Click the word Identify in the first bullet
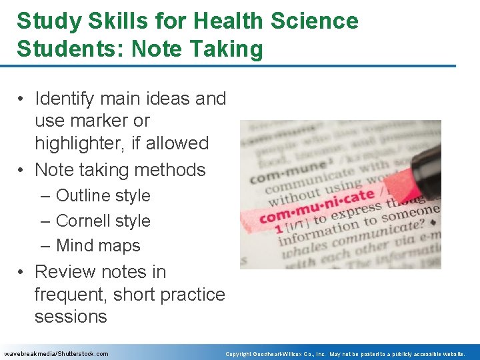[65, 99]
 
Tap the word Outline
[82, 195]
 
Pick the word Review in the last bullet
[66, 272]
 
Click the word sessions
[71, 316]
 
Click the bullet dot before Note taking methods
[23, 171]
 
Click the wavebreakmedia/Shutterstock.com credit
[56, 353]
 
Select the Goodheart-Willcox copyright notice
[345, 353]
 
